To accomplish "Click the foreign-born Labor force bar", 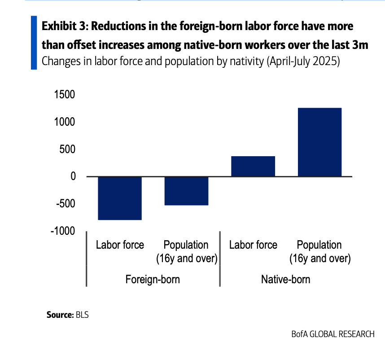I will (120, 198).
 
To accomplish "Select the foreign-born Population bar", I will (186, 191).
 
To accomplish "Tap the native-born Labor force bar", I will (253, 166).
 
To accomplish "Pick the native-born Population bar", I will (319, 142).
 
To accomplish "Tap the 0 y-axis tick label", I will (72, 176).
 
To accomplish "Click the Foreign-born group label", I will (153, 279).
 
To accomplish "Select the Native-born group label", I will (285, 279).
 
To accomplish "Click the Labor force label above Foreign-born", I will (120, 245).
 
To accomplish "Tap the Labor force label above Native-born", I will (253, 245).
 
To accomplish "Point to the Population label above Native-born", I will (319, 245).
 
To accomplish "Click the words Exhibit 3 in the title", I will (64, 26).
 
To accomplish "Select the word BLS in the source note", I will (82, 315).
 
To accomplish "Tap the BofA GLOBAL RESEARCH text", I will (332, 334).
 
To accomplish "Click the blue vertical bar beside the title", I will (34, 42).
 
